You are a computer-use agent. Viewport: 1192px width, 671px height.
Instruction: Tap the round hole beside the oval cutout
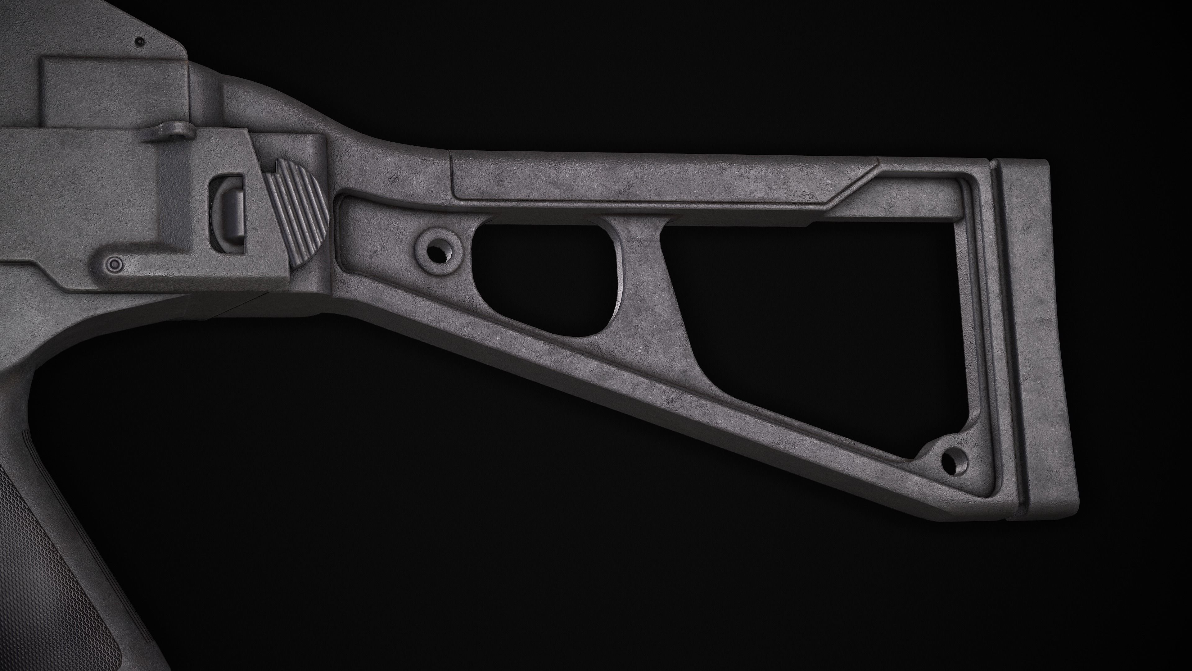(x=437, y=252)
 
